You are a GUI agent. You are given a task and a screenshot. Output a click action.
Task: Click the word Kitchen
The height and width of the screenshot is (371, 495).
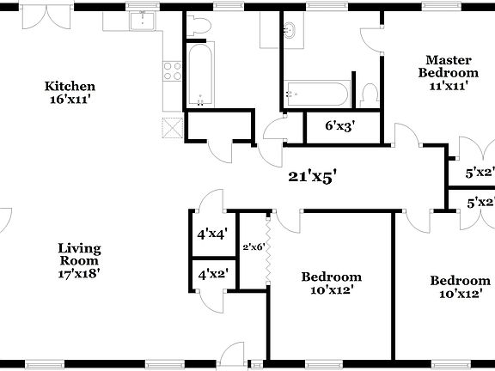70,86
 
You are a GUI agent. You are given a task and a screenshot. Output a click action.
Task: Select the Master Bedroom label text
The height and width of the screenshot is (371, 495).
447,66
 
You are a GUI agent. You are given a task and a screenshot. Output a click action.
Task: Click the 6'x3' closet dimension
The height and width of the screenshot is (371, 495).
339,125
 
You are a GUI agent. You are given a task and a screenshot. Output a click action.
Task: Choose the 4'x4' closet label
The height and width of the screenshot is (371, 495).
212,233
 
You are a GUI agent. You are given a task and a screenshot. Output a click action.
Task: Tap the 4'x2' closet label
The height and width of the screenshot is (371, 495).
212,276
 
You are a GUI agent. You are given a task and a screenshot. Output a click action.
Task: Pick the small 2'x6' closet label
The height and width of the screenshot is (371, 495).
252,246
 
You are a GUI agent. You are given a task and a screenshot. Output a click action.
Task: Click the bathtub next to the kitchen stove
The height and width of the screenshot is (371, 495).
199,77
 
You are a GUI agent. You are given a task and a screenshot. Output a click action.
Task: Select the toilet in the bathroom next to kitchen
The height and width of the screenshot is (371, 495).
198,27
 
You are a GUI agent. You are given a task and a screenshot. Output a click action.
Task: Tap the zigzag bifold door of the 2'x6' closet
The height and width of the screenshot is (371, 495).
269,253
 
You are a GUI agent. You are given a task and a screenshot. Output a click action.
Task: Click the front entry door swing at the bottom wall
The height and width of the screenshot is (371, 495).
229,354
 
